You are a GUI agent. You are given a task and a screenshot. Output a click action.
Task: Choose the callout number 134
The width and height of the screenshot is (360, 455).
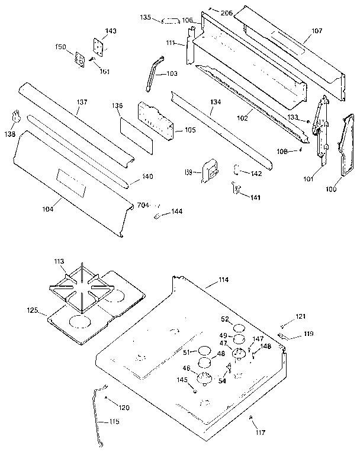pyautogui.click(x=215, y=102)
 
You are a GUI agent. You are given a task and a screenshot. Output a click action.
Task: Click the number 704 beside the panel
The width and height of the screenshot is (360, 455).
pyautogui.click(x=143, y=205)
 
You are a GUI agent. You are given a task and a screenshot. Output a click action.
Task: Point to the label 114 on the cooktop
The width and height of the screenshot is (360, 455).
pyautogui.click(x=223, y=279)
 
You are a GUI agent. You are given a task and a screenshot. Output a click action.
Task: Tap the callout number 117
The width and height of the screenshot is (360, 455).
pyautogui.click(x=260, y=433)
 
